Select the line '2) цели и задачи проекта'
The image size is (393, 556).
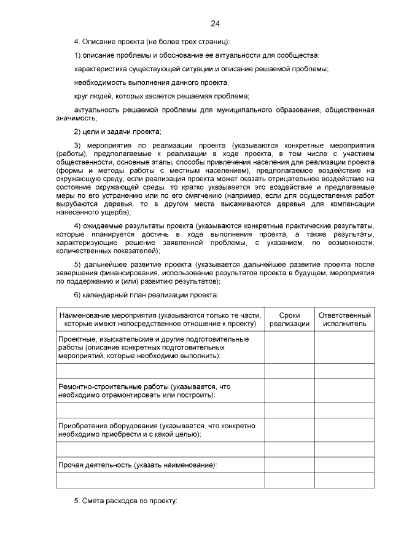click(x=117, y=131)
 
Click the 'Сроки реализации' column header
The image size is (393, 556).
click(x=289, y=319)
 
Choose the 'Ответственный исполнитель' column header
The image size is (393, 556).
click(x=344, y=319)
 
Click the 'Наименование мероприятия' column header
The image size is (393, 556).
click(x=160, y=319)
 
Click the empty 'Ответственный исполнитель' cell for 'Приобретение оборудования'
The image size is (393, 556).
click(x=344, y=429)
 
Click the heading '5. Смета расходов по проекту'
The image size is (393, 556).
click(x=125, y=501)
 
